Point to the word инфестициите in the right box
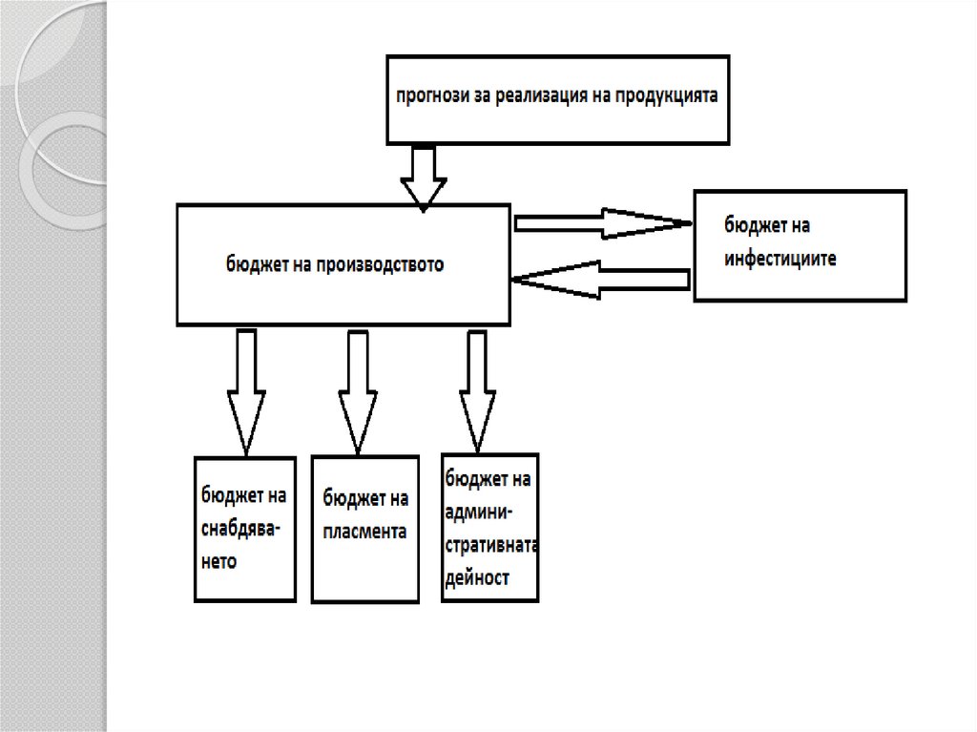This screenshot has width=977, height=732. [x=780, y=258]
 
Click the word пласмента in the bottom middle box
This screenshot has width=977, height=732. [x=364, y=531]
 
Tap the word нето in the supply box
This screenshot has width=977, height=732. [x=218, y=561]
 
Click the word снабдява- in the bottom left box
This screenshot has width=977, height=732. [x=239, y=529]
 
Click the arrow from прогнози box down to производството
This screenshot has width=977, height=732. [x=423, y=176]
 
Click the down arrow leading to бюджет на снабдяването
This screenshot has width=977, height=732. [x=246, y=391]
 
